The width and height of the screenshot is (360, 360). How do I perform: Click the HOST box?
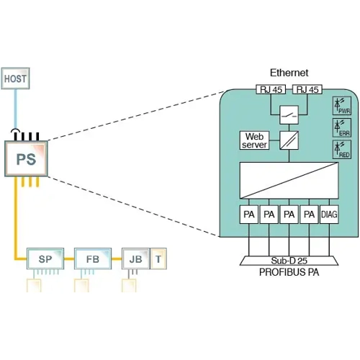[x=17, y=78]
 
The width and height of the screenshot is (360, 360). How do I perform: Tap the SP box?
[x=45, y=258]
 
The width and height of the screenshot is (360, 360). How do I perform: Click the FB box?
[x=92, y=258]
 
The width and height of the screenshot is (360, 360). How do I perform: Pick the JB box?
[x=135, y=258]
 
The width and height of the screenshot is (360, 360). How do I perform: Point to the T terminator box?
[x=158, y=258]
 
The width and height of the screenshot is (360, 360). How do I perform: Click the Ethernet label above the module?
[x=289, y=73]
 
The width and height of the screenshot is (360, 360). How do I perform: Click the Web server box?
[x=256, y=140]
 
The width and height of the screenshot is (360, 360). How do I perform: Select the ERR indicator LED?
[x=341, y=127]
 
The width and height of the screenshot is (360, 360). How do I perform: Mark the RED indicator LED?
[x=341, y=150]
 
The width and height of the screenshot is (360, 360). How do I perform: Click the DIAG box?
[x=329, y=215]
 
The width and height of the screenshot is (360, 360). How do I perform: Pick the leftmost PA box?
[x=248, y=215]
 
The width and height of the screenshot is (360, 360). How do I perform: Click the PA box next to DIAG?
[x=309, y=215]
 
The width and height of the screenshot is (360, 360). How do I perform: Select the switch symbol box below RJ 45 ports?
[x=289, y=114]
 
